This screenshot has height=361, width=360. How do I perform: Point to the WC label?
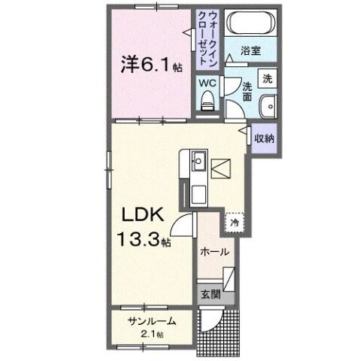coord(208,83)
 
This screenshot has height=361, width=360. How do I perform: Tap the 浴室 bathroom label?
coord(251,52)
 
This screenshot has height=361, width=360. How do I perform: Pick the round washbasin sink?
coord(267,107)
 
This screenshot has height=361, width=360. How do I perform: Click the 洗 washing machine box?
coord(268,78)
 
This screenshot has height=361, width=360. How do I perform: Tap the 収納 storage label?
coord(264,138)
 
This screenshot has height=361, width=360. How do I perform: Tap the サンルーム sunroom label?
coord(152,321)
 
